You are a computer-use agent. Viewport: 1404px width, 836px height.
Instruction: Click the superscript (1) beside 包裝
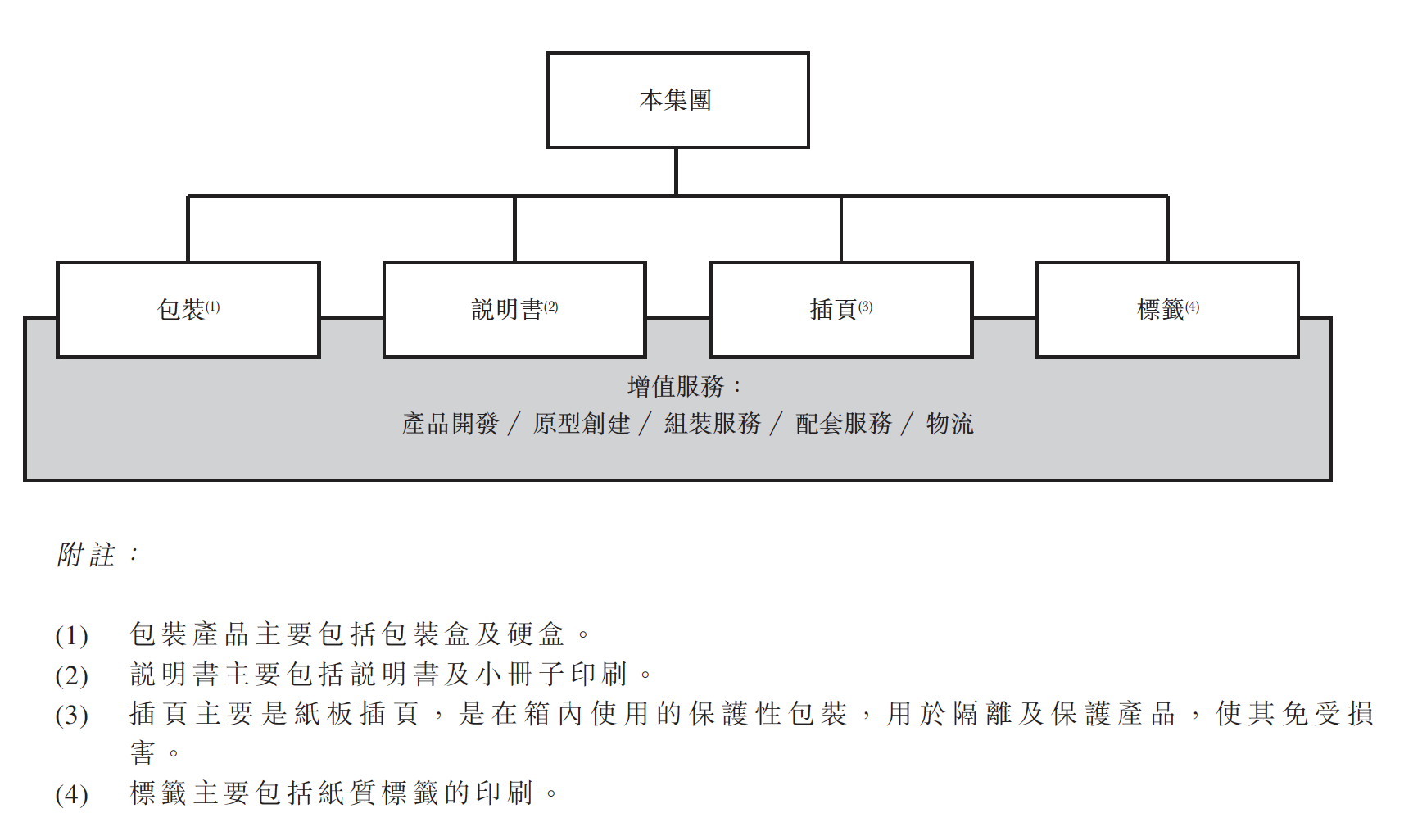[212, 307]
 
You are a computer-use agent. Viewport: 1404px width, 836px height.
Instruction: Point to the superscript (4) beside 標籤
[1192, 307]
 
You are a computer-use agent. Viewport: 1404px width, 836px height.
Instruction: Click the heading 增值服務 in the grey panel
[676, 386]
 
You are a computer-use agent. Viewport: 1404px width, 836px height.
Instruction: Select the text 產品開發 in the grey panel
[450, 424]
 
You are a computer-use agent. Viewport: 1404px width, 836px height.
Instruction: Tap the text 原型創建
[581, 424]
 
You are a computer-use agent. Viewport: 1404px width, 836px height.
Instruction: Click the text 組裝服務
[713, 424]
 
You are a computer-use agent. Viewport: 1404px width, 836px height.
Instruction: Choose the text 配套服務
[844, 424]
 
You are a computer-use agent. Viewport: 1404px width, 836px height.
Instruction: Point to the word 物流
[950, 424]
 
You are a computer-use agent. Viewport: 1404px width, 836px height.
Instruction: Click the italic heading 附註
[86, 554]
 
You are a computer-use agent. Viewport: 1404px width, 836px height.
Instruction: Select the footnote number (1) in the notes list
[71, 636]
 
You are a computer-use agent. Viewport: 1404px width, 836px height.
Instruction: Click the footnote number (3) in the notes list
[71, 716]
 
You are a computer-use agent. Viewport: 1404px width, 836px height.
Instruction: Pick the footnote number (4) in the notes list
[71, 795]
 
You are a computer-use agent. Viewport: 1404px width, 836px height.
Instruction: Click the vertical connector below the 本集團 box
[677, 172]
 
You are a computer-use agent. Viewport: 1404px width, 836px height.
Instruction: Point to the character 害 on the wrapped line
[143, 752]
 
